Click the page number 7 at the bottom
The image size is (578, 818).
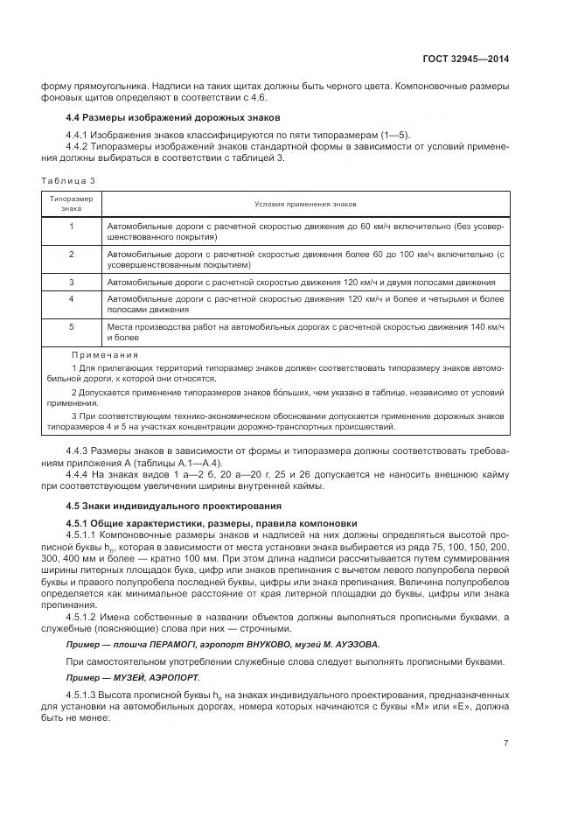(x=506, y=745)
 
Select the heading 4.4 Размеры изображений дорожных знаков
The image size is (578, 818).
(x=174, y=117)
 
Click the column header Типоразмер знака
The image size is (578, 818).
(x=71, y=204)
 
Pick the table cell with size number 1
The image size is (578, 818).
(x=71, y=226)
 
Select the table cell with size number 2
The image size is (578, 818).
(x=71, y=254)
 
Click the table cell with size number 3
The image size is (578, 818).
(x=71, y=283)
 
